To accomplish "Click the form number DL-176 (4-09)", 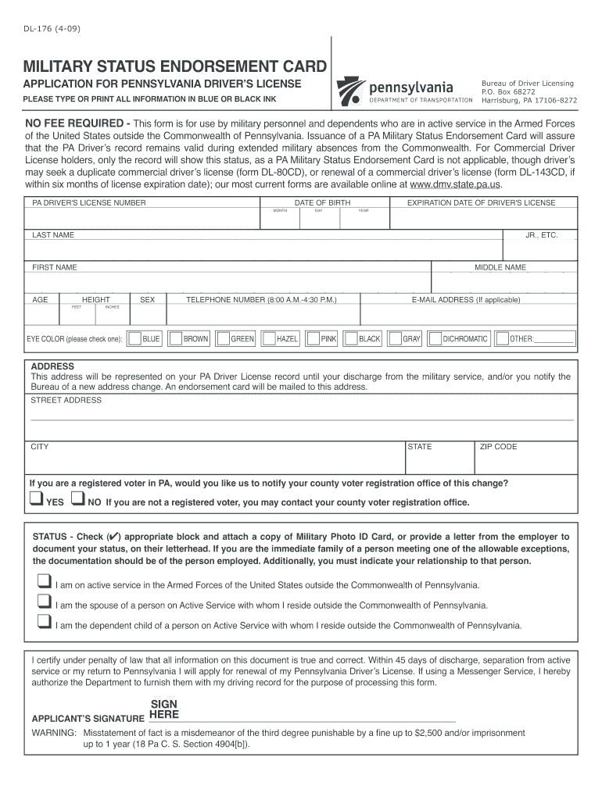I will tap(50, 29).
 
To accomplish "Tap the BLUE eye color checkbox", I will tap(135, 339).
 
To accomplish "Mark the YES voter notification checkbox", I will tap(36, 499).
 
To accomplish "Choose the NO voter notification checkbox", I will tap(77, 499).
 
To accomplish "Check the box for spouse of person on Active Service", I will tap(44, 602).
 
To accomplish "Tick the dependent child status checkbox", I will tap(44, 623).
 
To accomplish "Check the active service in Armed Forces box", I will tap(44, 582).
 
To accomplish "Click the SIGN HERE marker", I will tap(164, 709).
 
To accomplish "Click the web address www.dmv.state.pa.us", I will tap(455, 185).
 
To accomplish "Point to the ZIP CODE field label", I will tap(498, 447).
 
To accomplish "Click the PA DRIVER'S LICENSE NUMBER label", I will tap(88, 203).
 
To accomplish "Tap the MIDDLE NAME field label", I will tap(500, 267).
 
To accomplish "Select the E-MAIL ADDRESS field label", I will tap(465, 299).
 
